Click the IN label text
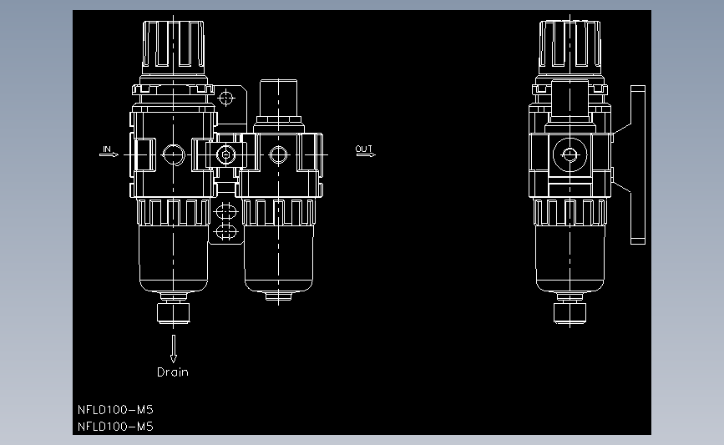pos(107,149)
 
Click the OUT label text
pos(364,149)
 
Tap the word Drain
pos(173,372)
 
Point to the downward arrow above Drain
pos(174,348)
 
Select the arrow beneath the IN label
pos(109,154)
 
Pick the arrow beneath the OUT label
pos(366,154)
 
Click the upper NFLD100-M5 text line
pos(115,410)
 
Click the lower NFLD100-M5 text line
pos(115,427)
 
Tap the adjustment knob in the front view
pos(173,48)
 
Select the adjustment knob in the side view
pos(570,48)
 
